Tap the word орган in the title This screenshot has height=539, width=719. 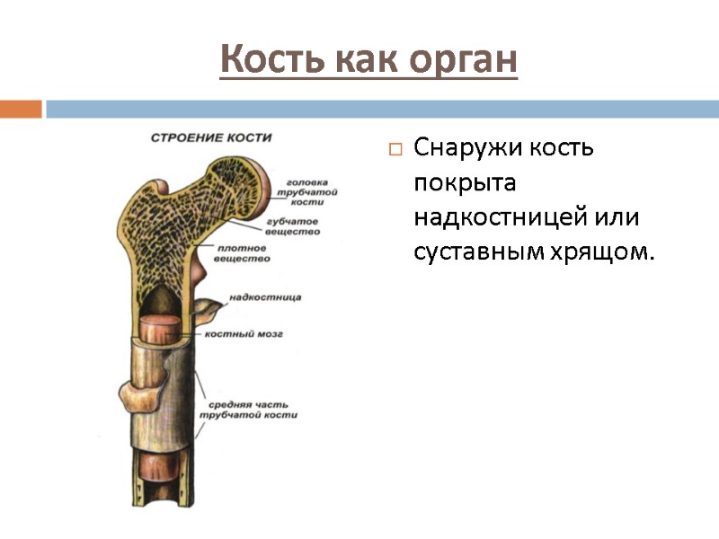click(x=465, y=61)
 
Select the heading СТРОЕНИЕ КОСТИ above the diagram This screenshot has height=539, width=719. click(x=210, y=137)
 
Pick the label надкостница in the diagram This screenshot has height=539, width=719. click(x=265, y=296)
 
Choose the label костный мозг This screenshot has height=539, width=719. click(x=244, y=333)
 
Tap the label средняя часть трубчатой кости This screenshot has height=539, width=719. click(x=248, y=410)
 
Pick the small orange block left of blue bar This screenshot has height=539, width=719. click(x=21, y=110)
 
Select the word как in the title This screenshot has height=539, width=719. click(x=368, y=60)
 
